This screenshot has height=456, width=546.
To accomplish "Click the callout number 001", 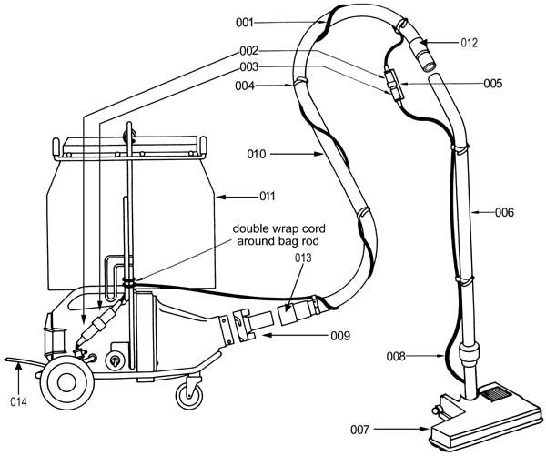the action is [x=245, y=23].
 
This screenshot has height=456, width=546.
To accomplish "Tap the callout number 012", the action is [x=469, y=43].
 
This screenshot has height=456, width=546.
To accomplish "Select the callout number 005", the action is [x=492, y=84].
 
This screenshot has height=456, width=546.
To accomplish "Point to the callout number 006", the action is [x=504, y=212].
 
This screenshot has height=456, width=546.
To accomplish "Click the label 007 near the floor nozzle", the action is [x=359, y=430].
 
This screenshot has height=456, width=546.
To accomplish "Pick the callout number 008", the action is [x=396, y=357].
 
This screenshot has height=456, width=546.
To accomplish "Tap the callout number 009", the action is [x=340, y=336].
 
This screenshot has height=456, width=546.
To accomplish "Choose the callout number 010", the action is [x=257, y=154].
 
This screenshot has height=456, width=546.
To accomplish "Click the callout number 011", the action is [x=267, y=197].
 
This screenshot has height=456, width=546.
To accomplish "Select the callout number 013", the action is [x=303, y=258].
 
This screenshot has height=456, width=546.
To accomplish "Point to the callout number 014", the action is [x=18, y=402].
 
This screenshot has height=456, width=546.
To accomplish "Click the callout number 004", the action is [x=245, y=86].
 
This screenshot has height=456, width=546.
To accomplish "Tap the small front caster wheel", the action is [x=189, y=397].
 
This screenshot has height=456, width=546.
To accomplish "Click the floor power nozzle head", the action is [x=485, y=419].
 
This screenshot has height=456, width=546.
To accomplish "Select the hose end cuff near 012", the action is [x=422, y=53].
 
